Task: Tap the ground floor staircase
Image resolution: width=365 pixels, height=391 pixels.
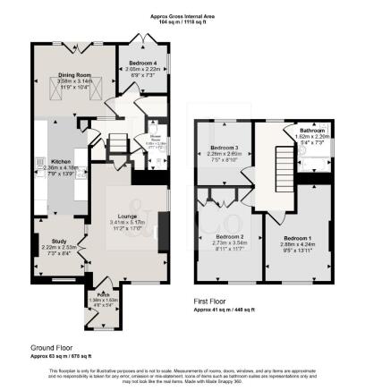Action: pos(117,143)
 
